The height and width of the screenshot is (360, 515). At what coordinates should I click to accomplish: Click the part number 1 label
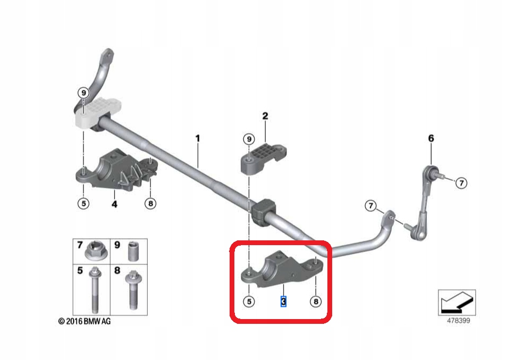click(197, 139)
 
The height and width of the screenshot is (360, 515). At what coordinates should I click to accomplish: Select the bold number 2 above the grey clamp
click(265, 116)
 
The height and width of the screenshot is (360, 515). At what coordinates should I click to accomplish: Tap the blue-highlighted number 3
click(284, 302)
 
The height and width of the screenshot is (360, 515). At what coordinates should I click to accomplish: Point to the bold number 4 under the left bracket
click(114, 203)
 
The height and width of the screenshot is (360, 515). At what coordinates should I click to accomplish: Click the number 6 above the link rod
click(431, 138)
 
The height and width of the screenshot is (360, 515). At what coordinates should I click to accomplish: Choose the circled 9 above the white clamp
click(83, 93)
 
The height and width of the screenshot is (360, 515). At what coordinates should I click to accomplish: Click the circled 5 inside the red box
click(249, 302)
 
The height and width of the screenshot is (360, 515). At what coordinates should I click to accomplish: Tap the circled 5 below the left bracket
click(83, 203)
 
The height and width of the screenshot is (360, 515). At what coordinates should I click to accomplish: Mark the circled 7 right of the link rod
click(461, 183)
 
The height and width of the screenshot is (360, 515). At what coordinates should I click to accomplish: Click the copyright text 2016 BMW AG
click(85, 321)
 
